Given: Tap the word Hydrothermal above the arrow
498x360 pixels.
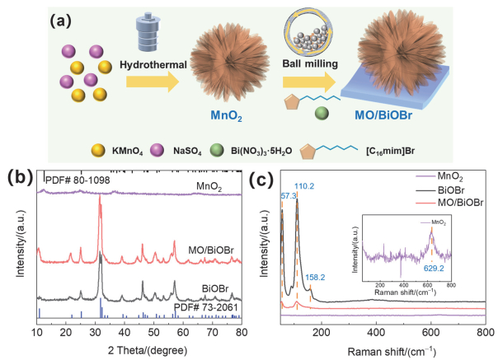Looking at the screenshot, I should coord(153,64).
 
